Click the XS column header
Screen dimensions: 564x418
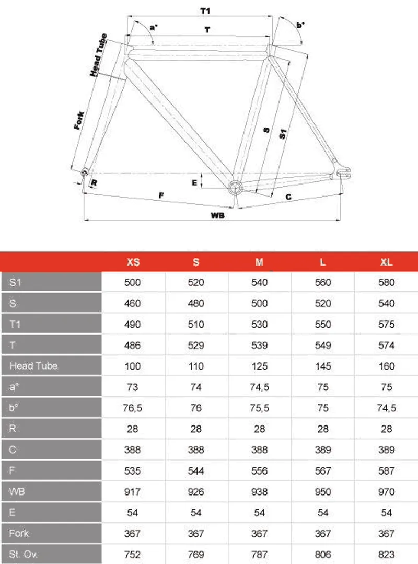click(133, 262)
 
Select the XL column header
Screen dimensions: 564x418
click(387, 262)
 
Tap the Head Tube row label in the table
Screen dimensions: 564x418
click(33, 366)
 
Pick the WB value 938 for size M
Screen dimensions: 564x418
click(260, 491)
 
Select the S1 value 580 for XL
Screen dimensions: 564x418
click(387, 282)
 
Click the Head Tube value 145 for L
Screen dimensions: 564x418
click(323, 366)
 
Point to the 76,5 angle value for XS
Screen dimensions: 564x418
click(133, 408)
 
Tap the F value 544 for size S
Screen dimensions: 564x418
click(196, 470)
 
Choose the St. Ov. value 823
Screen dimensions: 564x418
click(387, 554)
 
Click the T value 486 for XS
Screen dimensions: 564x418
click(133, 345)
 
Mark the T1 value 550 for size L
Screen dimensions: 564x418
click(323, 324)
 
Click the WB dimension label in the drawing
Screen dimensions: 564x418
click(217, 215)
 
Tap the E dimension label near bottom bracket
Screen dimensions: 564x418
click(194, 182)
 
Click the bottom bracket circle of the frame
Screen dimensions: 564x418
click(235, 187)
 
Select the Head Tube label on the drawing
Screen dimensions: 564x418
click(99, 55)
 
